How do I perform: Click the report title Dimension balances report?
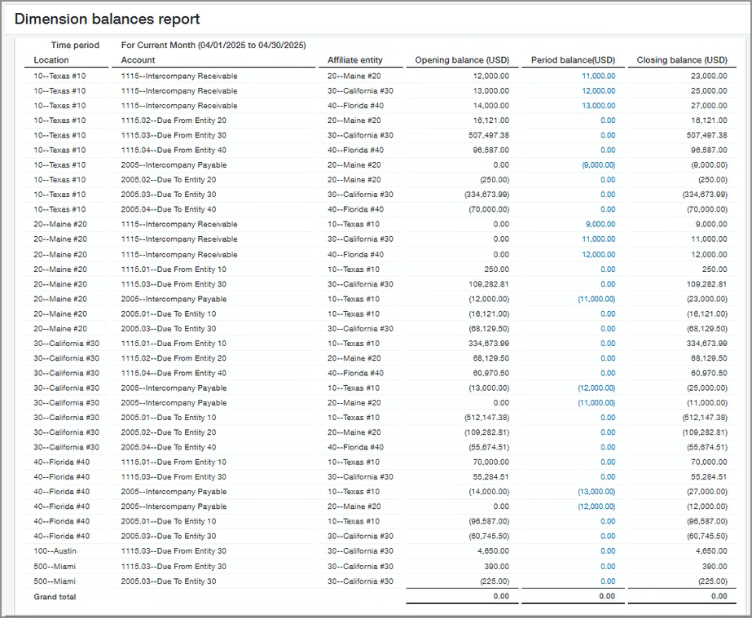tap(107, 19)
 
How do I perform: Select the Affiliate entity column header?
tap(354, 60)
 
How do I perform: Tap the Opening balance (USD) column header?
tap(462, 60)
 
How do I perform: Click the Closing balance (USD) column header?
tap(682, 60)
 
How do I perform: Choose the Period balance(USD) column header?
tap(573, 60)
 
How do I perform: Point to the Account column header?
tap(138, 60)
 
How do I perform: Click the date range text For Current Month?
tap(213, 45)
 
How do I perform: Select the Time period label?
tap(75, 45)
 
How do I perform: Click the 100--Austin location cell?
tap(55, 551)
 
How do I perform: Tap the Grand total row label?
tap(55, 597)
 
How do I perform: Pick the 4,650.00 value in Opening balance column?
tap(492, 551)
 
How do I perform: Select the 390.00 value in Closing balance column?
tap(715, 567)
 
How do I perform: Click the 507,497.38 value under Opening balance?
tap(485, 135)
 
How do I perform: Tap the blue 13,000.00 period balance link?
tap(598, 106)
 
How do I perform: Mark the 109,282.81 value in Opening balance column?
tap(485, 284)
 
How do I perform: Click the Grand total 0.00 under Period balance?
tap(607, 597)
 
